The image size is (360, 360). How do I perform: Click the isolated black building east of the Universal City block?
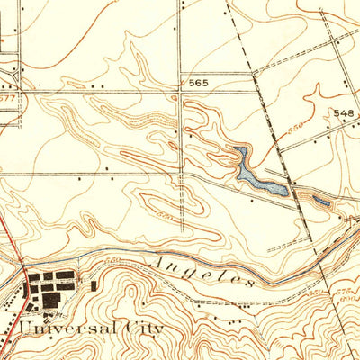coord(93,285)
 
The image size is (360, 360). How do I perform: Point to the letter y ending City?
coord(158,330)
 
